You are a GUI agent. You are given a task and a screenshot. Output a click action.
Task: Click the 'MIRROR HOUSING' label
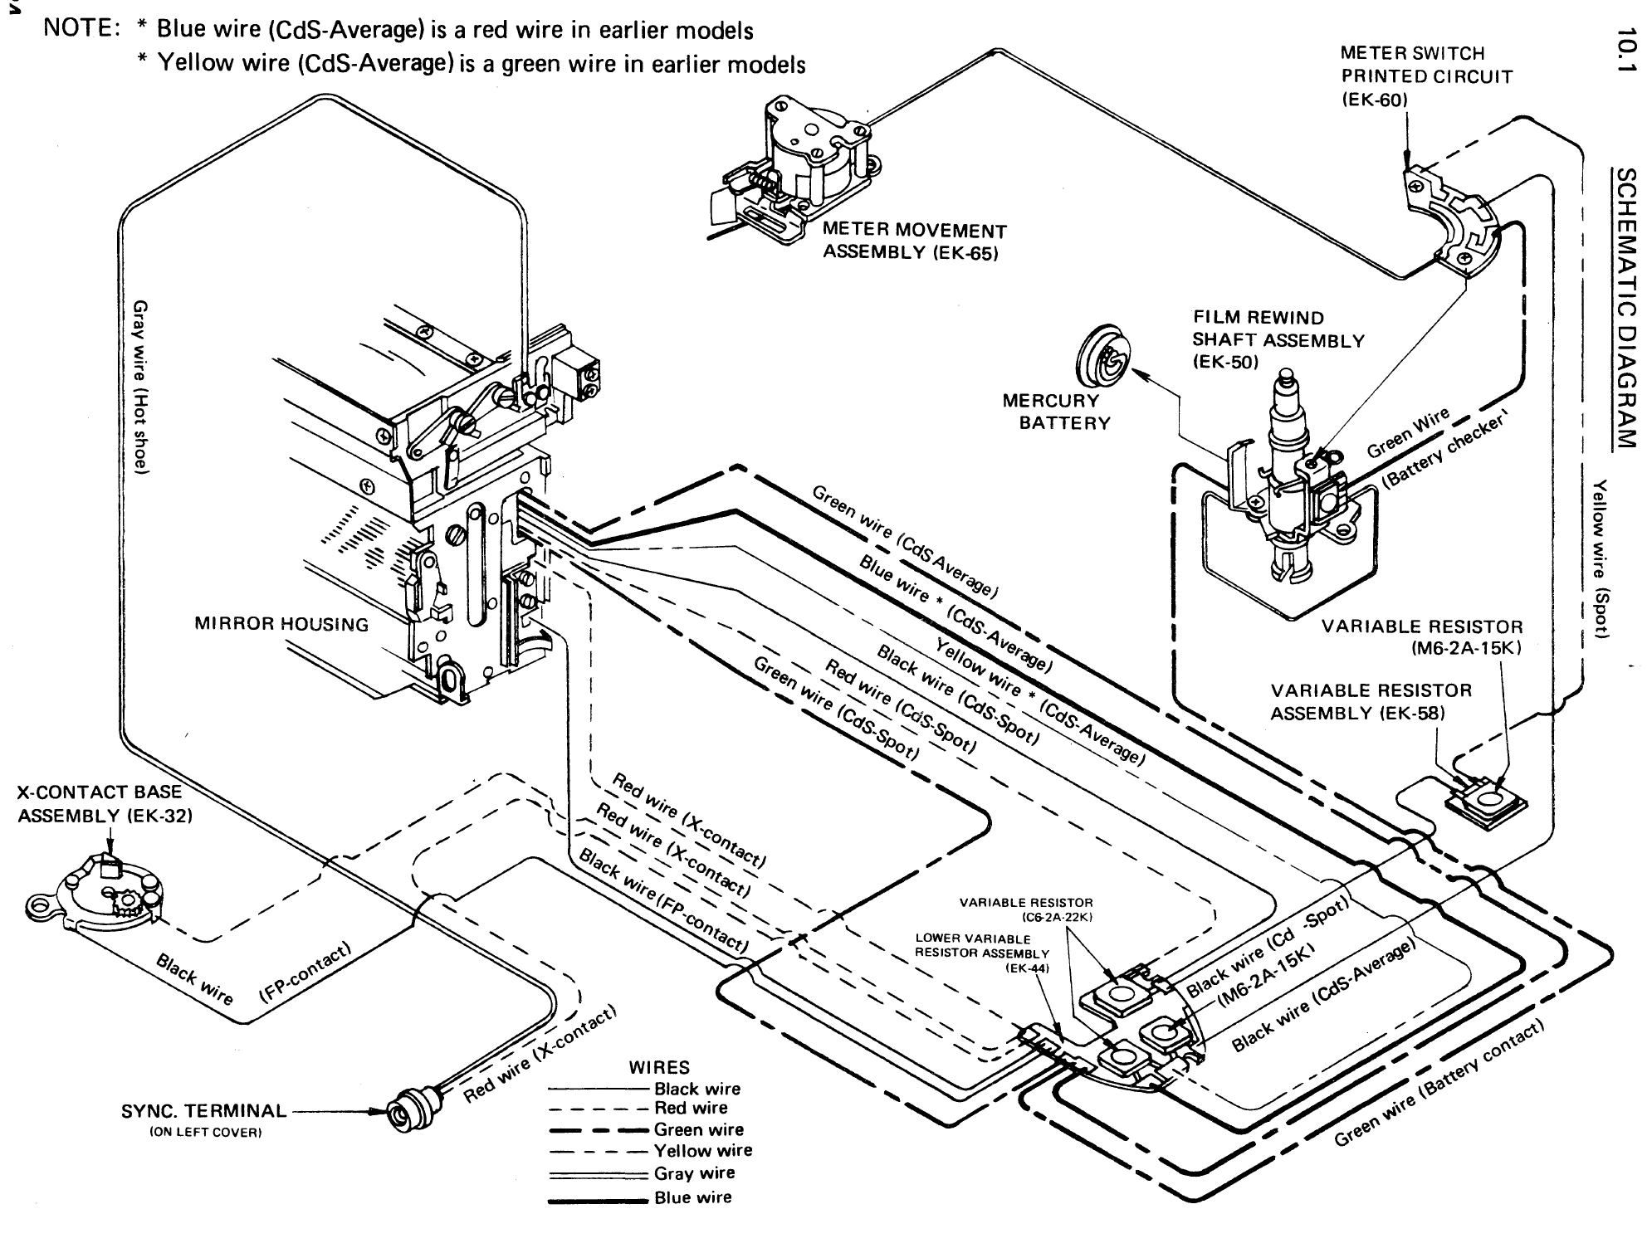pos(281,624)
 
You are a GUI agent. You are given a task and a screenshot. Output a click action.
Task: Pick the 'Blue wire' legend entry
pos(692,1197)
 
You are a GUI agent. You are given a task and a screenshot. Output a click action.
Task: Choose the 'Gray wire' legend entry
pos(694,1173)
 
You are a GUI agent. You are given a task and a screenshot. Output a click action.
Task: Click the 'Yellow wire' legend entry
pos(702,1151)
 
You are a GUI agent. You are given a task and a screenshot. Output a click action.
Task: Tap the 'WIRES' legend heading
pos(659,1068)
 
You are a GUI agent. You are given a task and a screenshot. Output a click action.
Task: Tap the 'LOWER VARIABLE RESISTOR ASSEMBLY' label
pos(981,946)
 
